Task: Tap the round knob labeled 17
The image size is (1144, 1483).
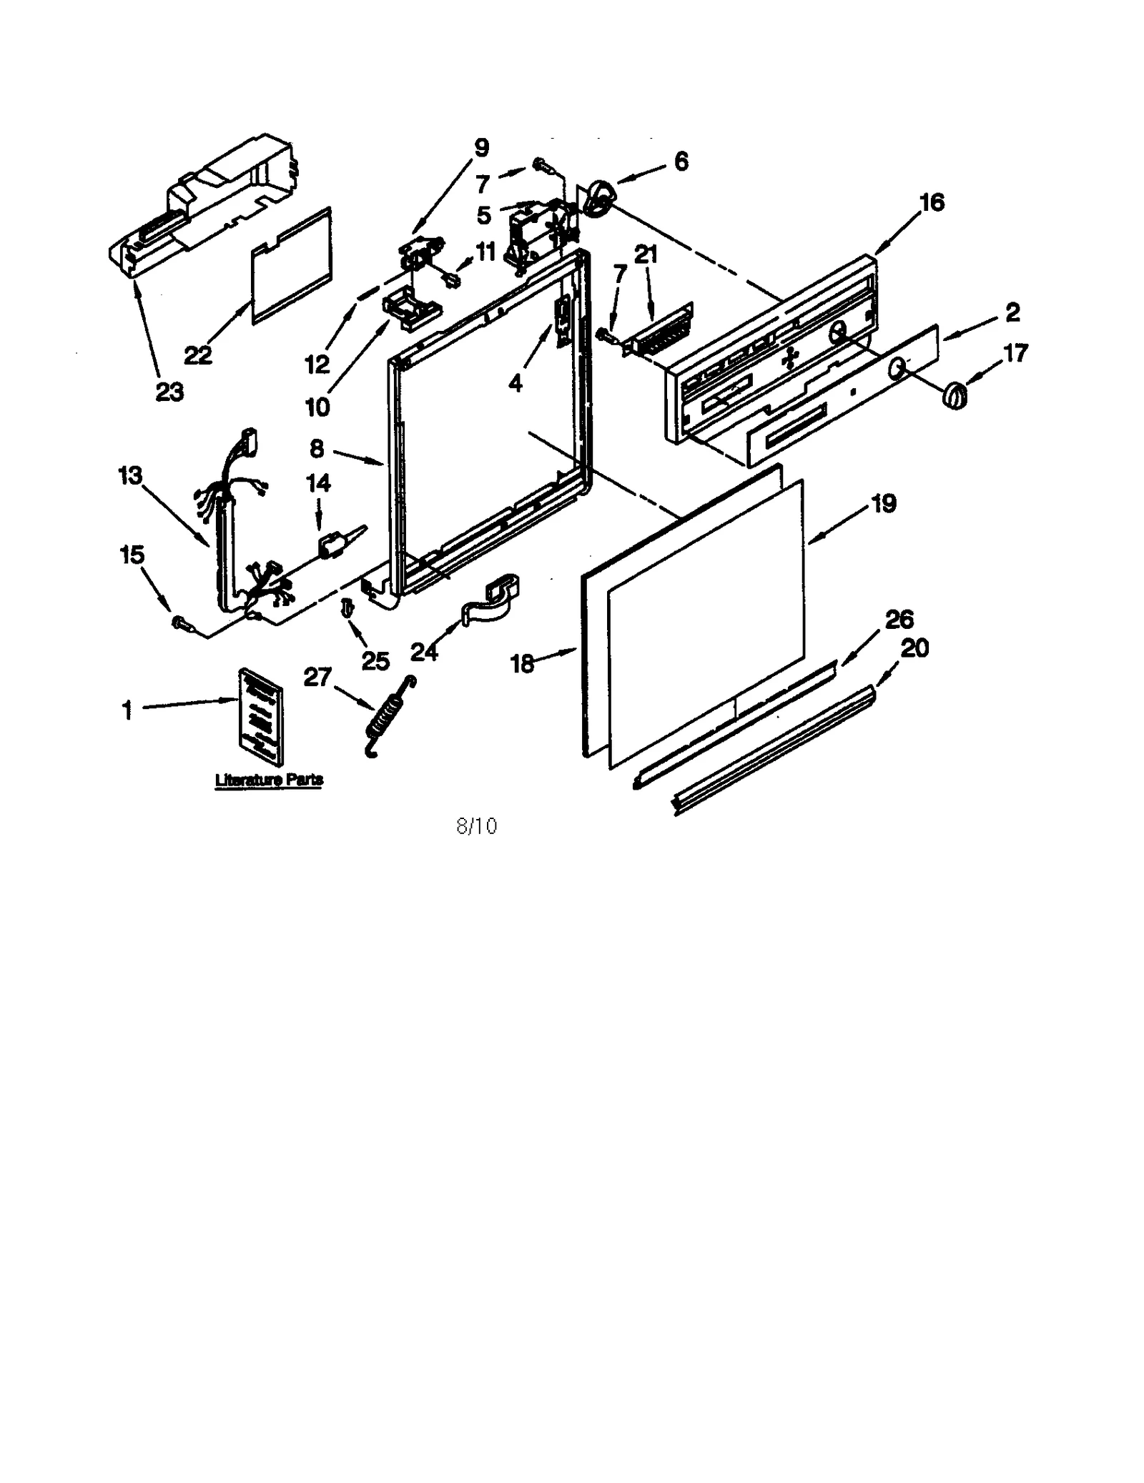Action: [955, 396]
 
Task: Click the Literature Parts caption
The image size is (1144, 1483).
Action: [269, 780]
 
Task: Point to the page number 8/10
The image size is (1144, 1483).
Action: [476, 826]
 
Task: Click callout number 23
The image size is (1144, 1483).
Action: [169, 392]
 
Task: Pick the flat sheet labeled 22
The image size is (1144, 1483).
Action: [292, 266]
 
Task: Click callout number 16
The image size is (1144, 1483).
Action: [932, 203]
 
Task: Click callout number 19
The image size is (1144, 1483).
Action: [884, 504]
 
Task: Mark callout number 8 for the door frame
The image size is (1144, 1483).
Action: [317, 449]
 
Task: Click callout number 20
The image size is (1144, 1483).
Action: [914, 648]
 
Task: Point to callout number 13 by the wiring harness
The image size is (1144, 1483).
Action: [130, 476]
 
